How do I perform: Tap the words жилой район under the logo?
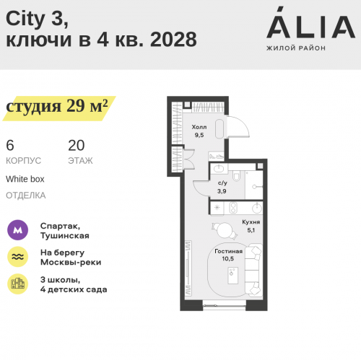(296, 48)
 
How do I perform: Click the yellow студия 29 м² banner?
(56, 107)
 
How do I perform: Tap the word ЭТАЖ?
(80, 161)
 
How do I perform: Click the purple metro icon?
(17, 230)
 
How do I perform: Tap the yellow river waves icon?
(17, 258)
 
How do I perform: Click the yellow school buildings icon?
(17, 284)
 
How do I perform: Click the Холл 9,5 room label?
(199, 131)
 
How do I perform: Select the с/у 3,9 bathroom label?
(223, 187)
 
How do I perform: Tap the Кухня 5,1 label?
(251, 227)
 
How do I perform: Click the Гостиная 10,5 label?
(228, 255)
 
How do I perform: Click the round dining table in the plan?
(225, 231)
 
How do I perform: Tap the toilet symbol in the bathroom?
(237, 175)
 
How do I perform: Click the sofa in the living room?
(254, 266)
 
